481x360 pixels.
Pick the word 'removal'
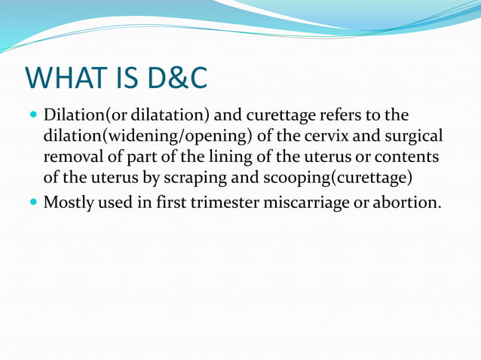tap(75, 158)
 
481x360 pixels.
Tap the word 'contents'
tap(410, 158)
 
